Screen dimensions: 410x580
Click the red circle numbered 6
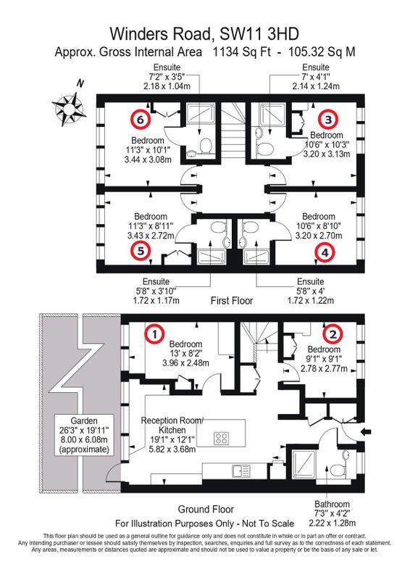(140, 119)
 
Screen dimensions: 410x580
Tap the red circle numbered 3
(328, 119)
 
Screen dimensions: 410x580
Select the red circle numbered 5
(141, 251)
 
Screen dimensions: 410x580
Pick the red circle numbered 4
(325, 252)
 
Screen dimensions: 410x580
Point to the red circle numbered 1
(154, 334)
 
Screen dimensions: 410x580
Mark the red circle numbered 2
(332, 334)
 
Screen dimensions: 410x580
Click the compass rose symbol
(69, 108)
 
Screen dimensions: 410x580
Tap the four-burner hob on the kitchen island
(222, 439)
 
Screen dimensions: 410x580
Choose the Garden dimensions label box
(84, 435)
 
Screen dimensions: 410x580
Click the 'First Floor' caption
(232, 300)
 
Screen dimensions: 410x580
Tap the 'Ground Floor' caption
(206, 510)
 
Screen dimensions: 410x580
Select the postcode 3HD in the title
(283, 34)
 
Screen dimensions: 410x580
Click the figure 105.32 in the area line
(306, 51)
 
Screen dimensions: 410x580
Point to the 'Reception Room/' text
(172, 420)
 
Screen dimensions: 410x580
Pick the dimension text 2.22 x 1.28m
(332, 523)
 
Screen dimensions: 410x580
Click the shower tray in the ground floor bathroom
(304, 464)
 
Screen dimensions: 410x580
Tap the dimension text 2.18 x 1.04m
(167, 86)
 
